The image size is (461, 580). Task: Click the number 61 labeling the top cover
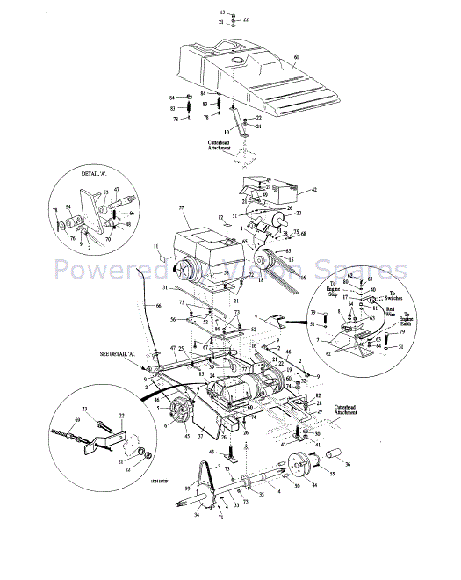(295, 57)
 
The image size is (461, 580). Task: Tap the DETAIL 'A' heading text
(93, 174)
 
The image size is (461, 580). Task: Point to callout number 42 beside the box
(313, 189)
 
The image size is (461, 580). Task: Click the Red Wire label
(393, 313)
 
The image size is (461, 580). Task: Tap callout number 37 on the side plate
(200, 435)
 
